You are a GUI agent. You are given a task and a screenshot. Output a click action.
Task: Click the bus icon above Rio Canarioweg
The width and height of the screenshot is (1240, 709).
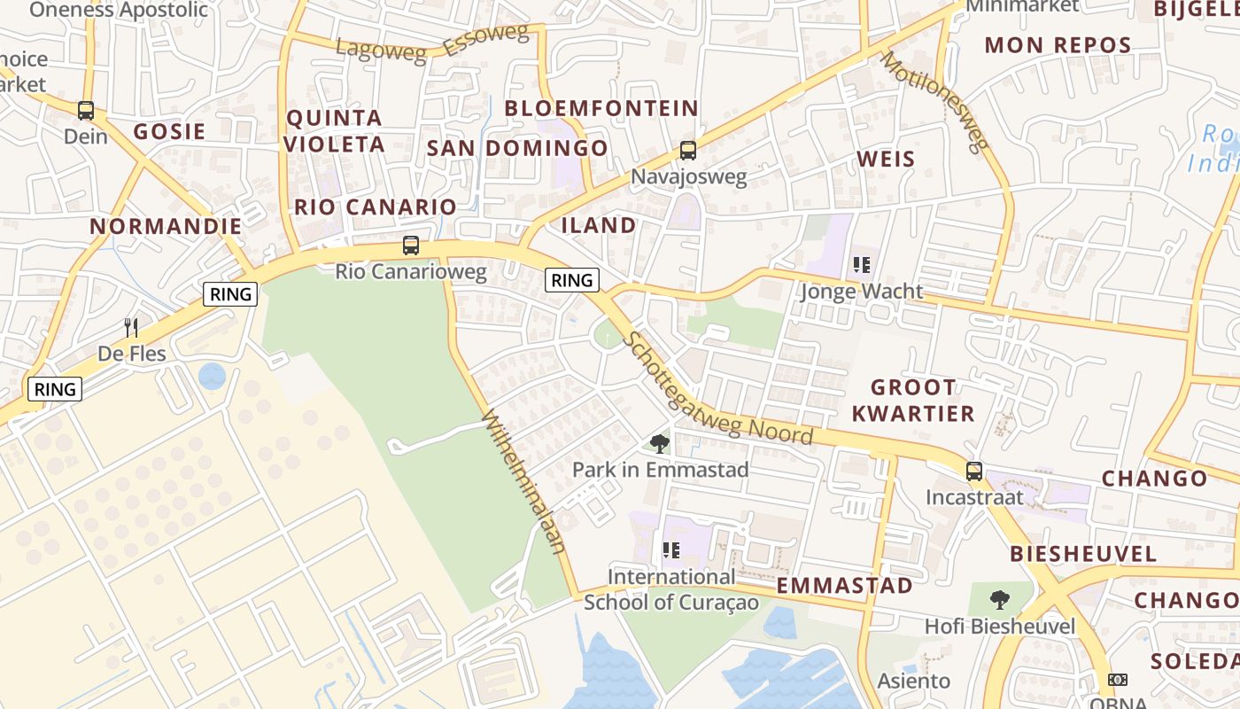(410, 245)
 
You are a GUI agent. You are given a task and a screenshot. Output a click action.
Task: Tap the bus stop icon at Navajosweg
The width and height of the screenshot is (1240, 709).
(688, 151)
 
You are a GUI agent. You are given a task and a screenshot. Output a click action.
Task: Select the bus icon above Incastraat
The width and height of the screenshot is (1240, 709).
(974, 471)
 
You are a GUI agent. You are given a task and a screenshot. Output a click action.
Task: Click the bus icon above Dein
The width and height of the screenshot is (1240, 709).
(86, 111)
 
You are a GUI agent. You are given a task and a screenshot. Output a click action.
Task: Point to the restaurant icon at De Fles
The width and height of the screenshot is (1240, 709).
(131, 328)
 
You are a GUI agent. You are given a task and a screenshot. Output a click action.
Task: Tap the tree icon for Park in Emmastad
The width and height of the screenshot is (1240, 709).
(659, 444)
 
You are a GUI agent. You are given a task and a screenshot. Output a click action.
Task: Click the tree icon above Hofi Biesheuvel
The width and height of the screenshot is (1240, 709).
(1000, 600)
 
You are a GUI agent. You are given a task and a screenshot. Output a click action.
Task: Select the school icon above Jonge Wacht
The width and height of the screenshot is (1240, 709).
(861, 265)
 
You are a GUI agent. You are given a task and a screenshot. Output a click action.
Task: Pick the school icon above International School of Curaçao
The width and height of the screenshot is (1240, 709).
(671, 550)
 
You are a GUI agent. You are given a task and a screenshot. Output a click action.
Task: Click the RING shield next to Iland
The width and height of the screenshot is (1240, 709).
(571, 281)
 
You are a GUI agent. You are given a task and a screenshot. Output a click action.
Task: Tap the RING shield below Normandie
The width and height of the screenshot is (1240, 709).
(230, 294)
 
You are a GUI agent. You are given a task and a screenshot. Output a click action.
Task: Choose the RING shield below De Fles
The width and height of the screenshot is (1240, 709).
(55, 388)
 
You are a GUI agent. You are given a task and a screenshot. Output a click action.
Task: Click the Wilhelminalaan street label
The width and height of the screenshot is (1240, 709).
(523, 482)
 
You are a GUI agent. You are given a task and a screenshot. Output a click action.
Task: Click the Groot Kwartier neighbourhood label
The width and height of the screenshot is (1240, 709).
(912, 400)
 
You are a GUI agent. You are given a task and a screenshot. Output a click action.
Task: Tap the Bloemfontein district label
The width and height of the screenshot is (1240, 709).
(601, 108)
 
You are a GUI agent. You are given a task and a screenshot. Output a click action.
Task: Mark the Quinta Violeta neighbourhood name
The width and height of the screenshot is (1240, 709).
(335, 130)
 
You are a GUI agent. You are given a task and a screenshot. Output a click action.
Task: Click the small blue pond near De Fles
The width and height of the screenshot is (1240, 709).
(212, 377)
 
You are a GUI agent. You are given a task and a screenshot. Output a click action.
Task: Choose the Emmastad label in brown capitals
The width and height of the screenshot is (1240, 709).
(844, 586)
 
